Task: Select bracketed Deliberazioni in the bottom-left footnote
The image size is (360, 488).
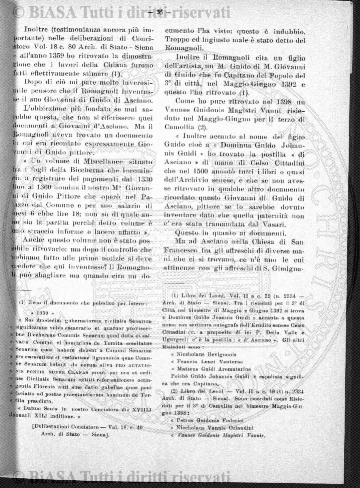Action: coord(61,451)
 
